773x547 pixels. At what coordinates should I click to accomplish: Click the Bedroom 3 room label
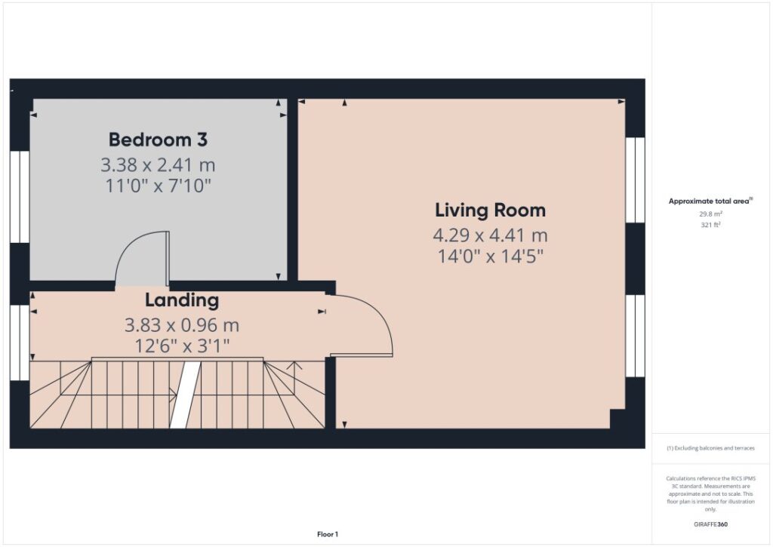[158, 140]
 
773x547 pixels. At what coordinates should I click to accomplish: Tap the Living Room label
[490, 211]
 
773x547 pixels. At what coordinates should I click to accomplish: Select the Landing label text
[182, 300]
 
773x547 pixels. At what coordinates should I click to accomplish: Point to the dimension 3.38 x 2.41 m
[158, 164]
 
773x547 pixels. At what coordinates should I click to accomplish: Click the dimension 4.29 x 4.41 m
[490, 235]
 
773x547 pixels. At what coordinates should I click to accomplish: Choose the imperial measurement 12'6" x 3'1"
[182, 346]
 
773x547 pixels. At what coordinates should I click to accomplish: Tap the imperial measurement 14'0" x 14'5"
[490, 257]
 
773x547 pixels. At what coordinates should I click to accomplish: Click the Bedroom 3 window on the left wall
[20, 197]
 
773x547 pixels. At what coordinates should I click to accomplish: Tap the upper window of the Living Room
[635, 180]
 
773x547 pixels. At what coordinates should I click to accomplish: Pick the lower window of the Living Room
[635, 336]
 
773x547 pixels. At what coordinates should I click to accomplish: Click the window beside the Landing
[20, 343]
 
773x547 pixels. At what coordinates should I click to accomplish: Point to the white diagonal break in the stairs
[186, 395]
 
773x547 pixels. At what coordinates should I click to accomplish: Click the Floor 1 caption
[328, 534]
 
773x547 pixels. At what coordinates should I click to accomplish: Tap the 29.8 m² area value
[710, 214]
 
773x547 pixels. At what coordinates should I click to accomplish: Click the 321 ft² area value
[710, 225]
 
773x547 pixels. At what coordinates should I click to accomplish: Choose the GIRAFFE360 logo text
[710, 524]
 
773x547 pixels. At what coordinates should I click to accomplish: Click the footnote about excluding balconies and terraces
[710, 448]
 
